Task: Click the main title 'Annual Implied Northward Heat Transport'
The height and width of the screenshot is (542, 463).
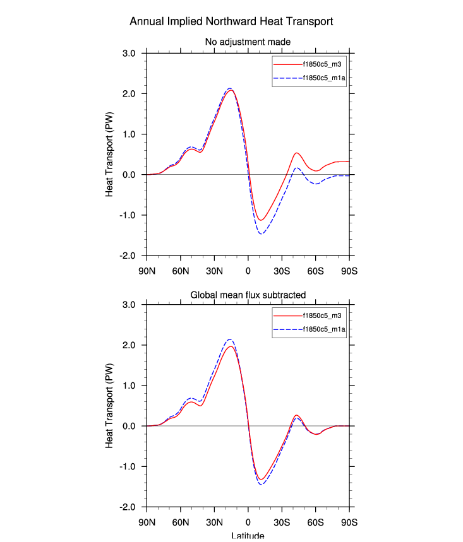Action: point(231,21)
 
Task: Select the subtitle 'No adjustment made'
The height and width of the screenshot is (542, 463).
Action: point(248,42)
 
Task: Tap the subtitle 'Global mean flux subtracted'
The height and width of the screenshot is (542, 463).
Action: point(248,294)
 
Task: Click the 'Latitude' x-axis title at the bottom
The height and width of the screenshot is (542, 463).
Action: point(248,536)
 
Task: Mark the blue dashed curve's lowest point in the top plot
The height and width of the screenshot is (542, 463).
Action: point(261,234)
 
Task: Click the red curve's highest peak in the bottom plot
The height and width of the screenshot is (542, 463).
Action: point(231,346)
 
